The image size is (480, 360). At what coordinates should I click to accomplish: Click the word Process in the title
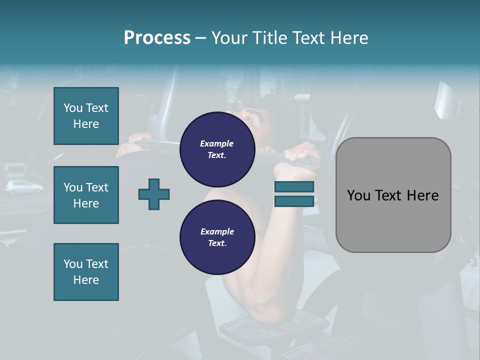coord(157,38)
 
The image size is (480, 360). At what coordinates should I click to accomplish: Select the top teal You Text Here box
coord(86,116)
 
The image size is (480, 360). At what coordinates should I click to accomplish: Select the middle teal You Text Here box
coord(86,195)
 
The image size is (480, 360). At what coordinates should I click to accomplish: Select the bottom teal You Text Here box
coord(86,272)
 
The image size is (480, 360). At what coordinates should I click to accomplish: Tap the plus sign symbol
coord(154,194)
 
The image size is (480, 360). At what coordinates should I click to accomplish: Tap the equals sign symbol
coord(294,194)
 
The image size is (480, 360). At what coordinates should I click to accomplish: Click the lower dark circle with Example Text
coord(217,237)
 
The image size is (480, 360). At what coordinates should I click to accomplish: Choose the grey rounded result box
coord(393,195)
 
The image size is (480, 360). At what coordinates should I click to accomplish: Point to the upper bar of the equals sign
coord(294,187)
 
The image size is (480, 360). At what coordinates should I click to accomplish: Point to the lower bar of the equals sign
coord(294,201)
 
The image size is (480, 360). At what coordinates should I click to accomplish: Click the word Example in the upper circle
coord(217,143)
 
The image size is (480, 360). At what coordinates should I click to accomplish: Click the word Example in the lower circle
coord(217,231)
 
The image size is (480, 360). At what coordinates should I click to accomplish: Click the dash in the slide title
coord(201,38)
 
